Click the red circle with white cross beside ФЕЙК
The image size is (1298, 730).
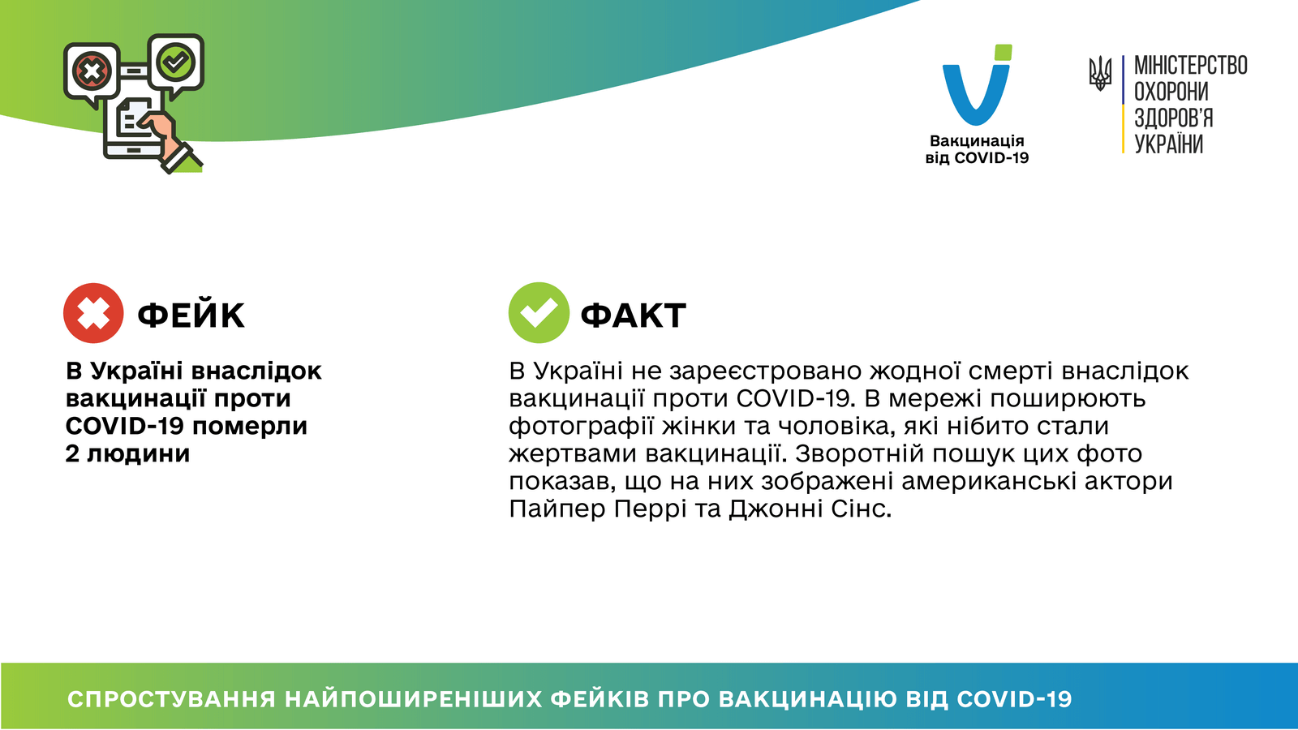pyautogui.click(x=93, y=313)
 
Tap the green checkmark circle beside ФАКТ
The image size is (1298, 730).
pyautogui.click(x=539, y=313)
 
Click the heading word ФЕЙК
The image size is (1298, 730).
pyautogui.click(x=191, y=316)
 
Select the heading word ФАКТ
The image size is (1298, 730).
pyautogui.click(x=634, y=316)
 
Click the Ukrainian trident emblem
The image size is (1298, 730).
pyautogui.click(x=1100, y=74)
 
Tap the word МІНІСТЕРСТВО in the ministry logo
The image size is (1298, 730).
pyautogui.click(x=1190, y=66)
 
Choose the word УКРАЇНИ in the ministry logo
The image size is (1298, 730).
pyautogui.click(x=1168, y=144)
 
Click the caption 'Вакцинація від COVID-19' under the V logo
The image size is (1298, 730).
pyautogui.click(x=977, y=149)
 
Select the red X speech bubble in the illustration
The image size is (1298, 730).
pyautogui.click(x=92, y=72)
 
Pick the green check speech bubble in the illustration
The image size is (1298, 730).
pyautogui.click(x=176, y=62)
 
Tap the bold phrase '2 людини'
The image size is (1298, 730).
pyautogui.click(x=127, y=453)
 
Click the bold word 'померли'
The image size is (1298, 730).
pyautogui.click(x=250, y=427)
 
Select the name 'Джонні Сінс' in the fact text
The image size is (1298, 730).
pyautogui.click(x=810, y=509)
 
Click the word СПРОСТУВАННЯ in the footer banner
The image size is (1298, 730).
pyautogui.click(x=171, y=699)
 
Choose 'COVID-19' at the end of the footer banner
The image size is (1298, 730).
pyautogui.click(x=1014, y=699)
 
